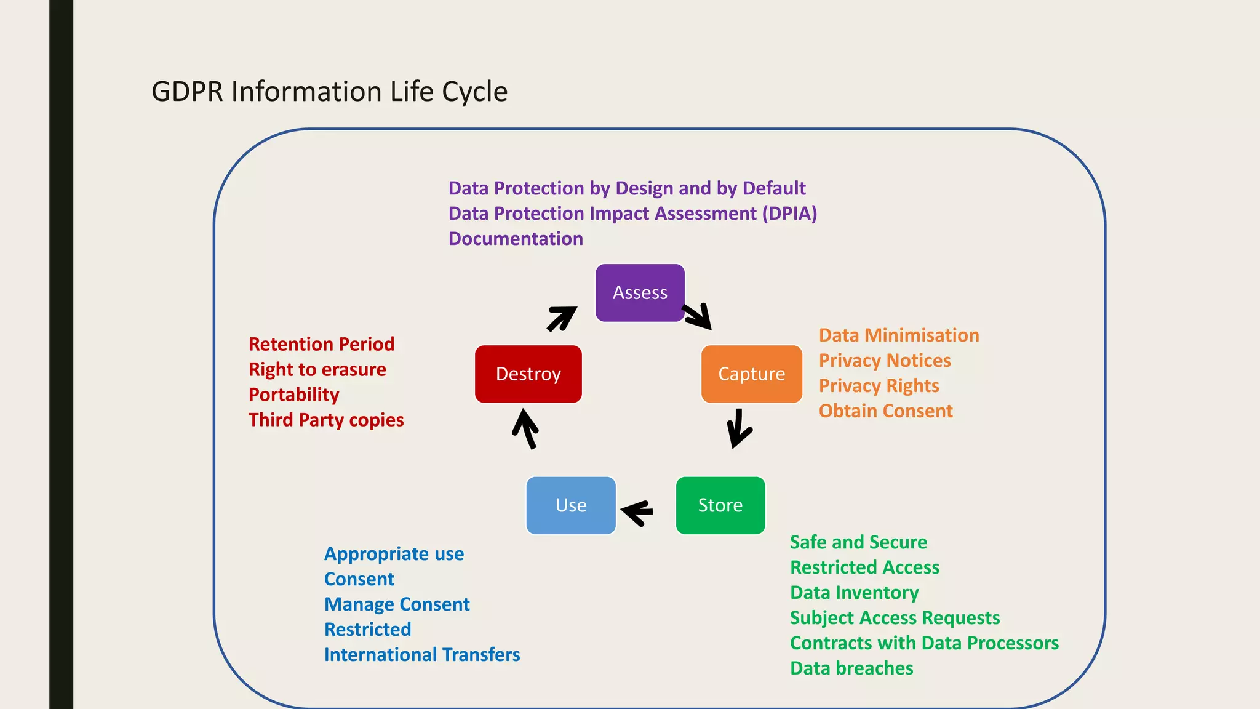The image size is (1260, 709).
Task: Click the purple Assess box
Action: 640,293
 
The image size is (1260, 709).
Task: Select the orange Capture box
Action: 751,374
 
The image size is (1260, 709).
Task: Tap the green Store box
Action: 720,505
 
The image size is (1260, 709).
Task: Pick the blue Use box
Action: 571,505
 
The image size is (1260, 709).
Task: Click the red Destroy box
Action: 528,374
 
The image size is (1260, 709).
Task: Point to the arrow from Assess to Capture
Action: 698,316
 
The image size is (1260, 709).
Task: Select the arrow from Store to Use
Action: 637,511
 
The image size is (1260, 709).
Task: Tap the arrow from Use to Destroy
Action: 525,429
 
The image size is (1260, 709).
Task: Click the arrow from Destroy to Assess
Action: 562,318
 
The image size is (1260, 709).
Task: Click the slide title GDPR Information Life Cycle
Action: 329,92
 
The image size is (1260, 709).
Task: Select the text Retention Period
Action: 321,344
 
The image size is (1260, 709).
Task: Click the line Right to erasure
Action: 317,369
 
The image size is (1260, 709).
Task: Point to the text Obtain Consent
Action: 885,411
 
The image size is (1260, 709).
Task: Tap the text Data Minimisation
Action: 898,335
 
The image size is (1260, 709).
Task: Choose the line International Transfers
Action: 421,655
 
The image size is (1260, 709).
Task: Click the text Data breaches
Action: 851,668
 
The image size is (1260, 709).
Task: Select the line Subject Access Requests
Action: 895,618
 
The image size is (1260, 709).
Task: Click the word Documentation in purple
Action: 516,239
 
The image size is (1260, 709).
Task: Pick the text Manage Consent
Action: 397,604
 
